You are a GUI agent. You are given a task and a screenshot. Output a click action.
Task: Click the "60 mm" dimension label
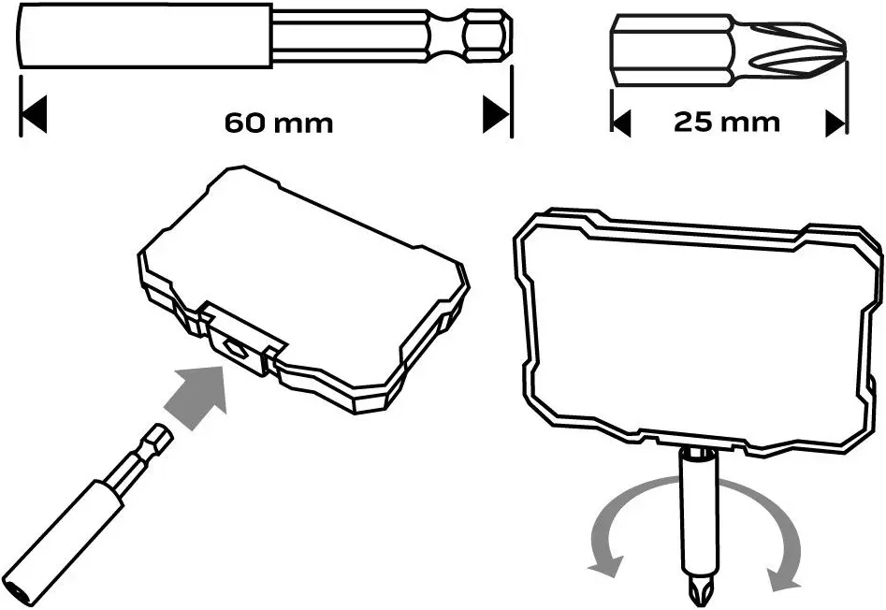tap(279, 123)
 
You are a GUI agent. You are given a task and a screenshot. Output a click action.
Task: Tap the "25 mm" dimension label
tap(727, 122)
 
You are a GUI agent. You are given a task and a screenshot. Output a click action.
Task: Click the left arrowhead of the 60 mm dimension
tap(33, 114)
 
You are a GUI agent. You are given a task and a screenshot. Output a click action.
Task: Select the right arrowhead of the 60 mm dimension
tap(496, 114)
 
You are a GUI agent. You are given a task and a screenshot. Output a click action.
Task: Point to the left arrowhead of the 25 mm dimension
tap(621, 123)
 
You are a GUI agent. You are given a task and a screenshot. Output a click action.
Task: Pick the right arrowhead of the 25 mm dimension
tap(835, 123)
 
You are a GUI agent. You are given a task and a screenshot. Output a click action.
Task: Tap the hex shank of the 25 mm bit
tap(672, 51)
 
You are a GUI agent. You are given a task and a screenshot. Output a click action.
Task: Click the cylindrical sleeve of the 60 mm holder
tap(145, 36)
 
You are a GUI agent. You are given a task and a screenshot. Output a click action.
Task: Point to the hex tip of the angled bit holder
tap(158, 438)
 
